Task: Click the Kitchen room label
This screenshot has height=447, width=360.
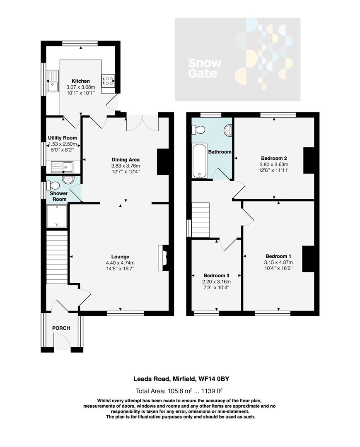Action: pos(80,81)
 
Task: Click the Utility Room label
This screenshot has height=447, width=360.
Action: pos(63,138)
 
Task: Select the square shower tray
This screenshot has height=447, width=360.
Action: pos(57,216)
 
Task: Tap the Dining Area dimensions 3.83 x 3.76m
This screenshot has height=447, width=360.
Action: pos(125,166)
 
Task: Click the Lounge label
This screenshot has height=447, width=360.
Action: pos(120,257)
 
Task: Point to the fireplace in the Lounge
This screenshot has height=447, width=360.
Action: pos(163,258)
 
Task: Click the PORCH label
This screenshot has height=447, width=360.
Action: pos(61,328)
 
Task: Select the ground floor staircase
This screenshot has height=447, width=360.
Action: pos(57,257)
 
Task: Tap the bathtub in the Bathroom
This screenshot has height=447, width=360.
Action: pos(199,161)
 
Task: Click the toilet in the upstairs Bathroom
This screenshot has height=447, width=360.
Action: pos(198,130)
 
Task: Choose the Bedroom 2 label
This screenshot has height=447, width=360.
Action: pos(274,158)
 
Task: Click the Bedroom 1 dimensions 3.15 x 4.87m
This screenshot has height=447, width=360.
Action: pos(278,262)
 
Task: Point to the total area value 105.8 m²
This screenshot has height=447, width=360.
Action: pos(183,391)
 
